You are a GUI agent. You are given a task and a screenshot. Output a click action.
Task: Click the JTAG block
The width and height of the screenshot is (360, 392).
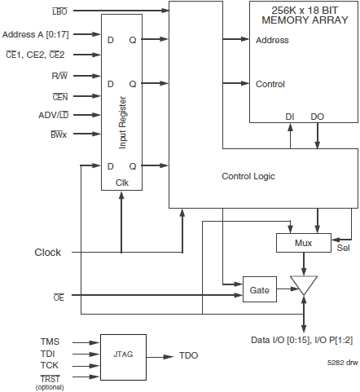click(123, 355)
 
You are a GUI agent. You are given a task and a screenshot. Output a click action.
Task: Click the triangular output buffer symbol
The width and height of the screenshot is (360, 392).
click(303, 285)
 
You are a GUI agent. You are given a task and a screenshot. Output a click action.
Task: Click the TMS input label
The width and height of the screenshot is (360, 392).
click(50, 341)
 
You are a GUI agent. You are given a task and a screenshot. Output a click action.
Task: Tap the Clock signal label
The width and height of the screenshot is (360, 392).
click(47, 252)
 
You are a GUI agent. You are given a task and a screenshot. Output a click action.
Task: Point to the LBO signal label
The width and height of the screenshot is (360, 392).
click(60, 9)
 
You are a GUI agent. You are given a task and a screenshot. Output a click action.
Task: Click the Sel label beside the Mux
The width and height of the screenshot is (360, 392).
click(343, 249)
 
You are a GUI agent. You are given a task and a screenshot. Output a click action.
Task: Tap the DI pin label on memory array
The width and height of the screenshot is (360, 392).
click(289, 117)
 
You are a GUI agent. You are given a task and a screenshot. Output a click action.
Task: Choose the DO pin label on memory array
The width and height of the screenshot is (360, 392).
click(317, 117)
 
